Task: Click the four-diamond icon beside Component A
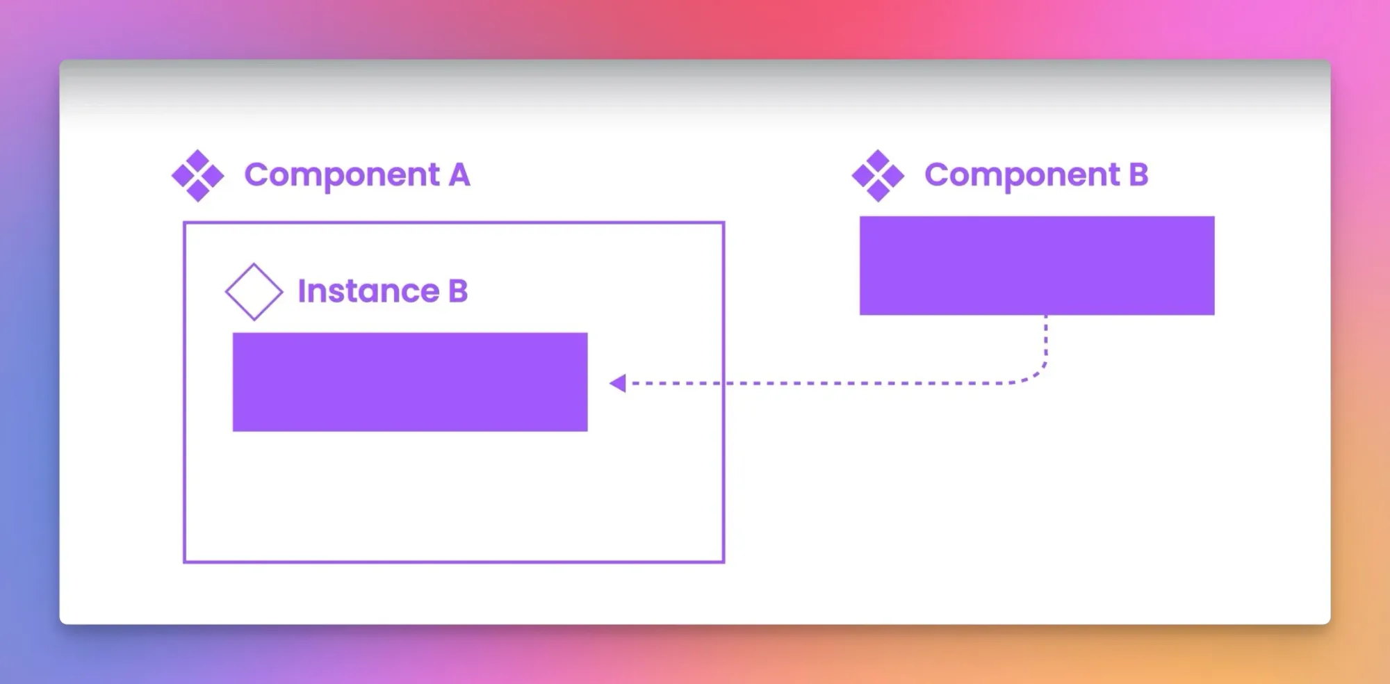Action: [x=198, y=176]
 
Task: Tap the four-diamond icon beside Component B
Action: [x=878, y=176]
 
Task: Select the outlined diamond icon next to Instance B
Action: [x=254, y=291]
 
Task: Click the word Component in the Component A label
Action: [x=342, y=175]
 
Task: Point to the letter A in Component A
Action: [x=459, y=174]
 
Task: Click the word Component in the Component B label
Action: [x=1022, y=175]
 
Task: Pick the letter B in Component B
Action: [x=1138, y=174]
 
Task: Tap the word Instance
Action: [x=368, y=291]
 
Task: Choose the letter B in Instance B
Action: [x=458, y=291]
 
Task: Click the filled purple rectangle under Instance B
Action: [x=410, y=382]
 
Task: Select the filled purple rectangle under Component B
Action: [x=1037, y=266]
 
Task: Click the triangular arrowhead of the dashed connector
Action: [x=617, y=383]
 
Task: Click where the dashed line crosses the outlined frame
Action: [x=723, y=383]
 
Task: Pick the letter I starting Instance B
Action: [x=302, y=291]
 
